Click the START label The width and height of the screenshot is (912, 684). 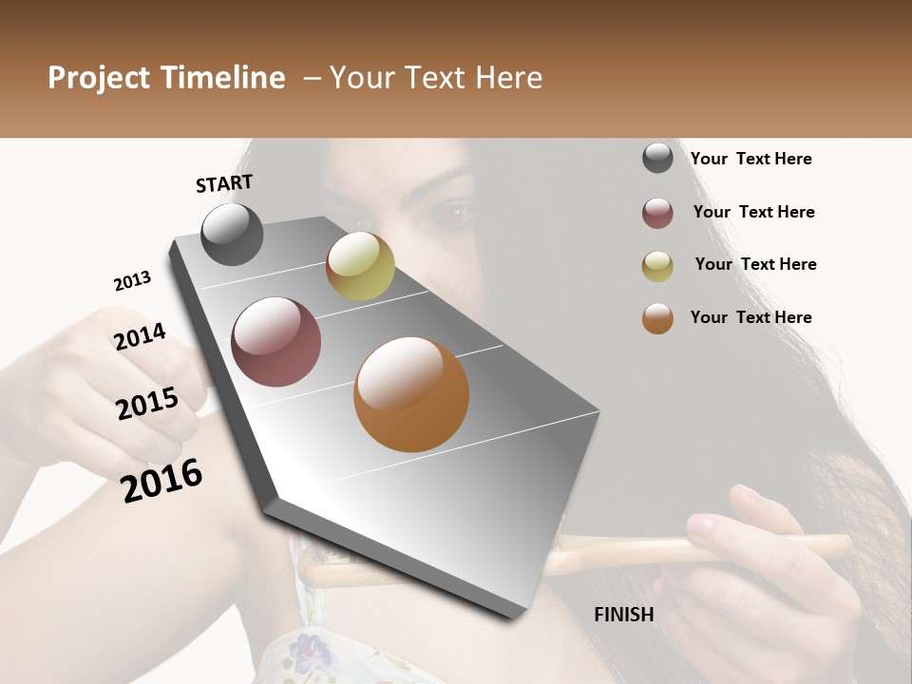224,183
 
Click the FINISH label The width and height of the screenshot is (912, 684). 623,615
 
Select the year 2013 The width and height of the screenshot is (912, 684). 132,281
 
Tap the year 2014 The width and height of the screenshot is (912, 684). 140,336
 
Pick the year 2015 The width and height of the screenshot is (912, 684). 147,404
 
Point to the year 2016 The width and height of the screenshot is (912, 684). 161,480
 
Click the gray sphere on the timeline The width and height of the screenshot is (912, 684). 232,234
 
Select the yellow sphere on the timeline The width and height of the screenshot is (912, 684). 360,266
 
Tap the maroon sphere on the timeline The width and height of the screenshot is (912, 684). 275,342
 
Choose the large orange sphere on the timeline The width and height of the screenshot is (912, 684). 410,394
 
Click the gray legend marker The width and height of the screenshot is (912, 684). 657,159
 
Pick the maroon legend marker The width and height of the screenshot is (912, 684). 657,213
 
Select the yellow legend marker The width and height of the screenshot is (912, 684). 657,266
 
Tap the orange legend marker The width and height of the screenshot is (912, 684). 657,318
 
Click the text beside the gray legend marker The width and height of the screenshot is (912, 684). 750,159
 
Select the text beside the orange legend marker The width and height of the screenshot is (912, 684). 750,317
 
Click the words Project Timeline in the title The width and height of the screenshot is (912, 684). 166,78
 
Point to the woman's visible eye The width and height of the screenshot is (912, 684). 454,212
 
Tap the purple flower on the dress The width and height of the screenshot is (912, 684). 306,651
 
